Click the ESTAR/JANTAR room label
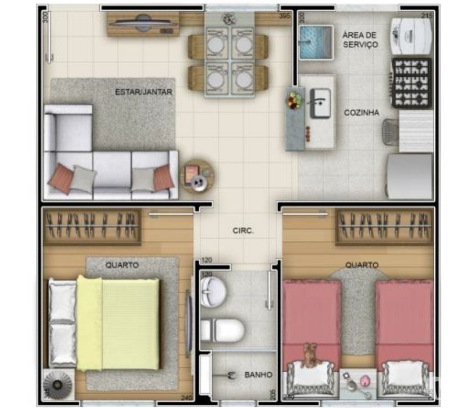(x=143, y=92)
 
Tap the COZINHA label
(x=361, y=112)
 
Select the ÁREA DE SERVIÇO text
(x=360, y=40)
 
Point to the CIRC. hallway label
(x=243, y=231)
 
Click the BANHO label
(x=258, y=375)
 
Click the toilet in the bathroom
(x=223, y=330)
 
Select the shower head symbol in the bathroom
(x=230, y=376)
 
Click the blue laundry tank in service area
(x=316, y=42)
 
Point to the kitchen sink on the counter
(x=320, y=103)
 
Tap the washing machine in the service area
(x=410, y=34)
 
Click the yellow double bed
(x=118, y=323)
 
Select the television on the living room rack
(x=143, y=23)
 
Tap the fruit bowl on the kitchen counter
(x=294, y=101)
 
